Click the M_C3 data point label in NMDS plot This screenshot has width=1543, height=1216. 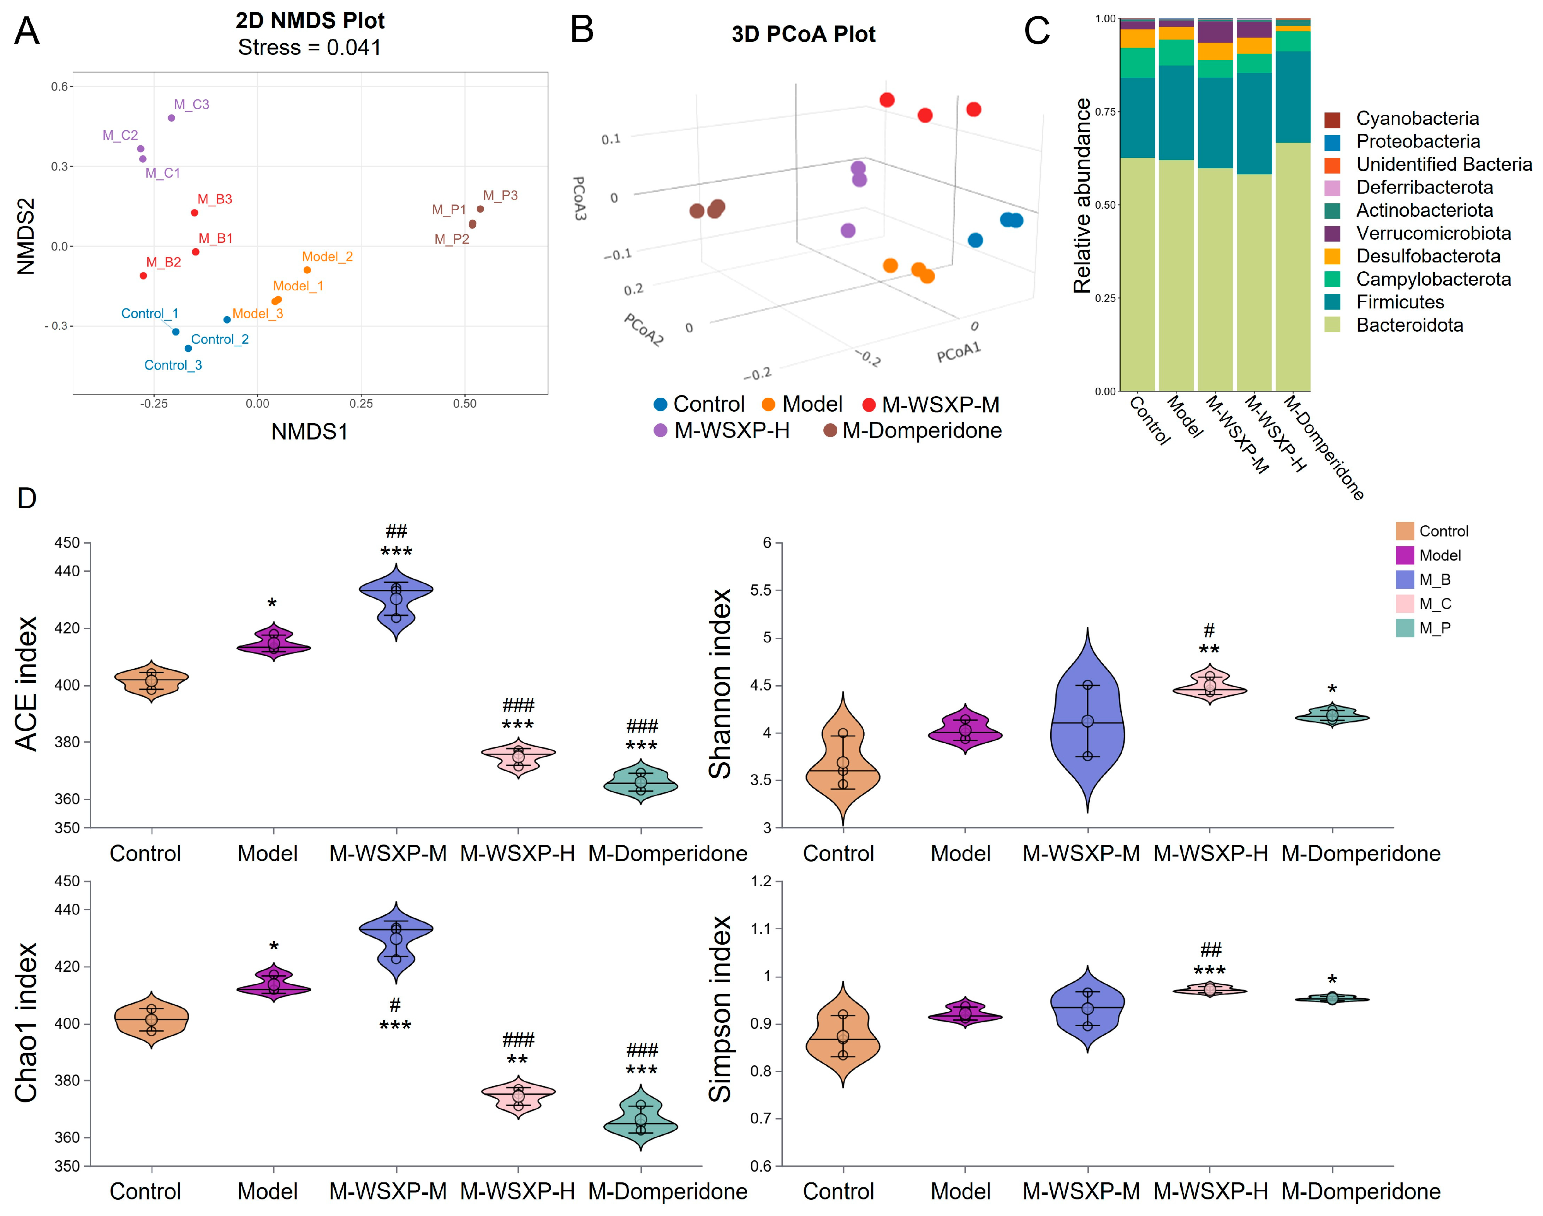coord(192,105)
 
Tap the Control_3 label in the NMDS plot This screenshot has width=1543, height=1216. coord(173,365)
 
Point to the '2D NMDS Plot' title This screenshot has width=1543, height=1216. coord(310,20)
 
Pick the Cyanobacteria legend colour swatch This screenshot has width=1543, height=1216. coord(1332,119)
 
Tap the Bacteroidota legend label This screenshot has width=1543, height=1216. coord(1409,325)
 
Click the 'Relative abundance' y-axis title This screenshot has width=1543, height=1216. coord(1082,196)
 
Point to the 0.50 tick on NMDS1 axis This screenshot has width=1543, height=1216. coord(464,404)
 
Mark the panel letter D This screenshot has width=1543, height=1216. coord(27,498)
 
